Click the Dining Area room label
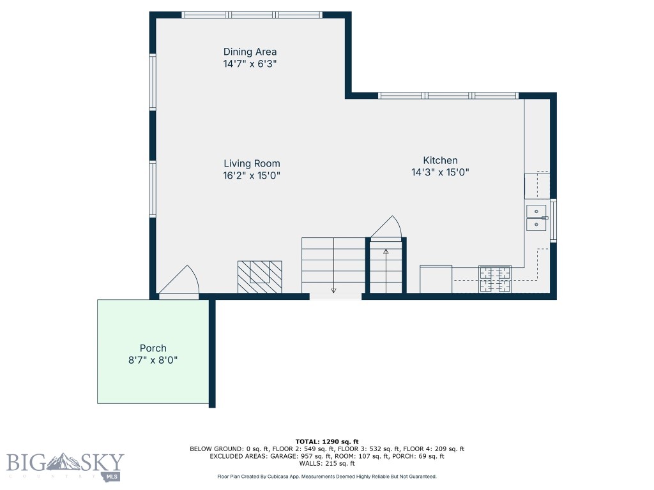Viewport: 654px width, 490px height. pos(250,52)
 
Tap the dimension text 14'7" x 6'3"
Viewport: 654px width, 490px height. pos(250,64)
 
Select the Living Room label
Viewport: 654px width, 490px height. pos(252,163)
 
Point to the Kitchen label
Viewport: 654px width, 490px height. pos(440,160)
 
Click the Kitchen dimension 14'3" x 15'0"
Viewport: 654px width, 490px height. pos(440,172)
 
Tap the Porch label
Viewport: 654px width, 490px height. pos(153,348)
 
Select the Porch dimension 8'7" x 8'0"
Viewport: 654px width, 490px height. pos(153,360)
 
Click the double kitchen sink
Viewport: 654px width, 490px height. pos(536,217)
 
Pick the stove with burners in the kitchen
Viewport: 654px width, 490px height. pos(495,279)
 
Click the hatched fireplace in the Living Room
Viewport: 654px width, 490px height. pos(259,276)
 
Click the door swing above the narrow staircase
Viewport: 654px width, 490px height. pos(387,227)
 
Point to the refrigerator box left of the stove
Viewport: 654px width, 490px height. pos(436,279)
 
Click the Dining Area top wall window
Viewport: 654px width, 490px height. pos(251,15)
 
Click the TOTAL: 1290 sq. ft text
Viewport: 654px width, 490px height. pos(327,442)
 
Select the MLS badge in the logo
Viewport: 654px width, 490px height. pos(113,477)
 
